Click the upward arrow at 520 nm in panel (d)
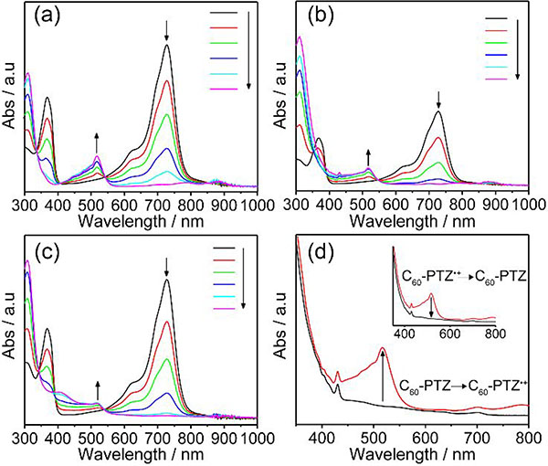(x=383, y=375)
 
